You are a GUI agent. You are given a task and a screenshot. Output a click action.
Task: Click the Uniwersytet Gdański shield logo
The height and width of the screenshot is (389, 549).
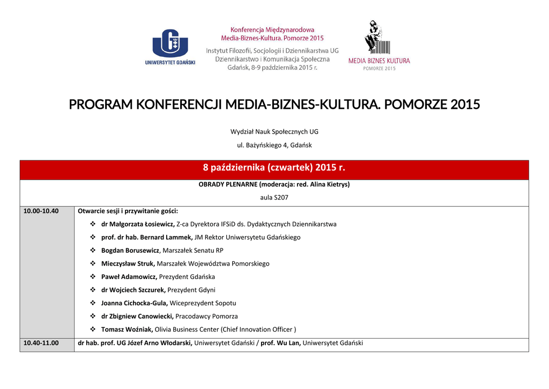[170, 43]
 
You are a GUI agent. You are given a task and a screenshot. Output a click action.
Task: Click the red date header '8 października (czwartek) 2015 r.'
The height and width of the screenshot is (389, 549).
[274, 168]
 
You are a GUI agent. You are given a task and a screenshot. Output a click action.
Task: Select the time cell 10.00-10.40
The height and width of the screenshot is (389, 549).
[41, 211]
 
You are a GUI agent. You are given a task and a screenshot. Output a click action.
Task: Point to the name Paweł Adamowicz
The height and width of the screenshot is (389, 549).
[129, 277]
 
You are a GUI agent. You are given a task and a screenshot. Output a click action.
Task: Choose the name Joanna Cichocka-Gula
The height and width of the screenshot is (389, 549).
[134, 303]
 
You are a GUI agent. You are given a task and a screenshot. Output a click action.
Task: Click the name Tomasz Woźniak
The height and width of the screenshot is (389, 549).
[127, 329]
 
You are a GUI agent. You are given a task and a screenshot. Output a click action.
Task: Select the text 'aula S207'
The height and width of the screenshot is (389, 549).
[274, 197]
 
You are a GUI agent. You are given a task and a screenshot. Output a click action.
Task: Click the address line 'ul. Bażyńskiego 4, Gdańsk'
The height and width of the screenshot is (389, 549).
[274, 145]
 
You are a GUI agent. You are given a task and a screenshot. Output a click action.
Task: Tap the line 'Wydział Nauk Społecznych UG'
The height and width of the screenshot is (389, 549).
[274, 131]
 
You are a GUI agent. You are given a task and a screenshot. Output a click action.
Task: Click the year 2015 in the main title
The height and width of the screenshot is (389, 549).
[465, 104]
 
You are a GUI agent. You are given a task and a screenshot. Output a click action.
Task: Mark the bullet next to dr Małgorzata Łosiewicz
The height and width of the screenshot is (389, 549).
[93, 224]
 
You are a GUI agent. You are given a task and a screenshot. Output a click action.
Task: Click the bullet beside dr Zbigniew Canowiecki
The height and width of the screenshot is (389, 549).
[93, 317]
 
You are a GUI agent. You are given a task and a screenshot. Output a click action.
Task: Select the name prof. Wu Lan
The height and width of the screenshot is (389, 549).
[280, 343]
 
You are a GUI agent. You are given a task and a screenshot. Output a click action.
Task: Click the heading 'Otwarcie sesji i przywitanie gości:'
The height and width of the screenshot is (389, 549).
[128, 211]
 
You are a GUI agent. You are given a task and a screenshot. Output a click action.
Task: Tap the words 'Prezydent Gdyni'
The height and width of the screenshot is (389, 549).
[191, 290]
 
